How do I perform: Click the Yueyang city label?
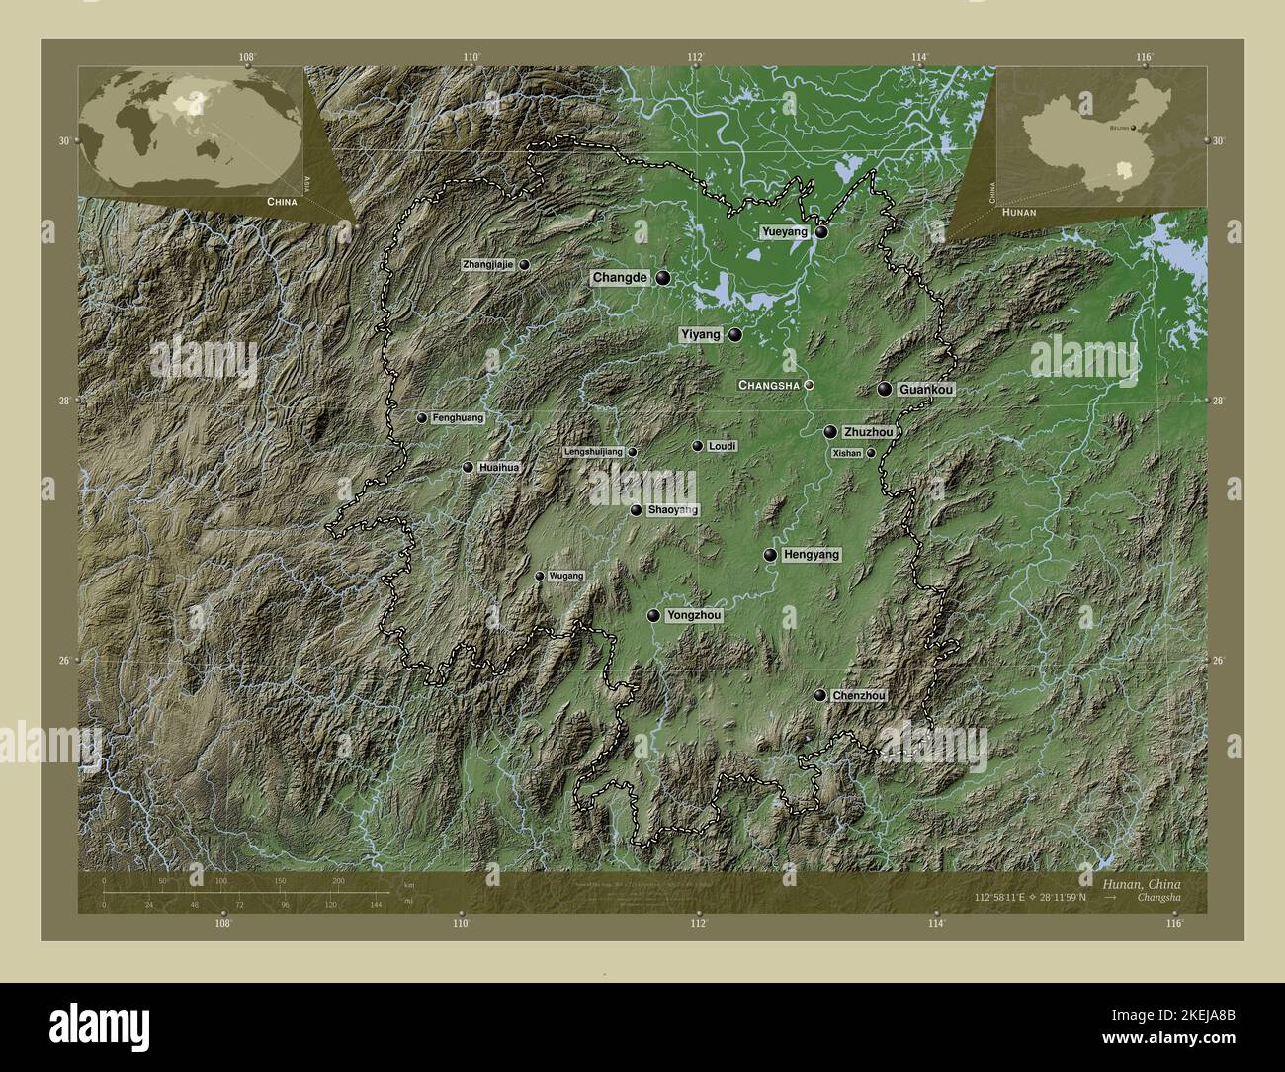point(784,232)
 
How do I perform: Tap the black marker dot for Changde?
point(661,278)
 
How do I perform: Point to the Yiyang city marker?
point(735,335)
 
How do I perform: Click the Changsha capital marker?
point(809,385)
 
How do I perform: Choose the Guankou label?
point(926,391)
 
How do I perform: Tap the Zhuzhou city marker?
point(831,432)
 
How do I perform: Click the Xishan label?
point(847,453)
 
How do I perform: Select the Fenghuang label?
point(458,418)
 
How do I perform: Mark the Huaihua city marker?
point(468,467)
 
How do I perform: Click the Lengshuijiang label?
point(593,452)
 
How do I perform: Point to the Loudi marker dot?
point(698,447)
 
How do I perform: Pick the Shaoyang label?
point(672,510)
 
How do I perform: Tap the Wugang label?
point(566,576)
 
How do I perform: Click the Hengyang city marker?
point(770,555)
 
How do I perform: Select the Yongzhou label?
point(694,615)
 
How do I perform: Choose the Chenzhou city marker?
point(819,696)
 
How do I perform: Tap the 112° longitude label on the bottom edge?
point(698,924)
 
